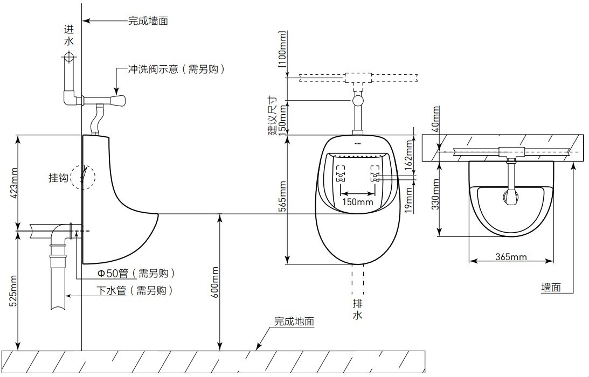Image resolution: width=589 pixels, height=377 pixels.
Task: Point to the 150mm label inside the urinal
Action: (x=358, y=203)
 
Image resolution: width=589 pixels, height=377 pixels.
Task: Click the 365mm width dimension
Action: (x=511, y=257)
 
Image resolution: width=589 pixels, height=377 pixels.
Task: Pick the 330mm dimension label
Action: (x=436, y=194)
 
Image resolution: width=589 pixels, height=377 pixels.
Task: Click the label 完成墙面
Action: (x=148, y=22)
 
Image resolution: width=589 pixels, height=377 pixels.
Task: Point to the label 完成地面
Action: (x=294, y=322)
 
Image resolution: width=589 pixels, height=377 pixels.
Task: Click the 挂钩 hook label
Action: (x=59, y=178)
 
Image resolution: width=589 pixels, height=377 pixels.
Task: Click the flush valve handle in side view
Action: (x=117, y=100)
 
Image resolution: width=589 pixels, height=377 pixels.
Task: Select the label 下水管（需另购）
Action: (x=135, y=291)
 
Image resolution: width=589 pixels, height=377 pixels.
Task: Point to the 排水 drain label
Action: (x=357, y=309)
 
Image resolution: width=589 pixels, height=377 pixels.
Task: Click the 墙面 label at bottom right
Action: (x=551, y=288)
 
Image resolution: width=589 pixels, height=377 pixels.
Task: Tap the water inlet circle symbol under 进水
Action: (x=69, y=56)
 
